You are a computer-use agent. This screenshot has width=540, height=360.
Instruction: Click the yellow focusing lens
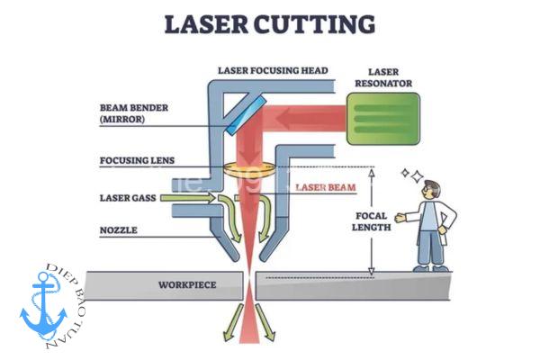[x=244, y=168]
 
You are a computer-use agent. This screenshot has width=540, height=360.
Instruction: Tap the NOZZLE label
[x=118, y=231]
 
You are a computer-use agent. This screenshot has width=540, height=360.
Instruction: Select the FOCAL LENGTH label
[x=371, y=221]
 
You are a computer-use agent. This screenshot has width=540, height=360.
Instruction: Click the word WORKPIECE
[x=187, y=285]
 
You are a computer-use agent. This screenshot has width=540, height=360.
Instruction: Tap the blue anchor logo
[x=45, y=302]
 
